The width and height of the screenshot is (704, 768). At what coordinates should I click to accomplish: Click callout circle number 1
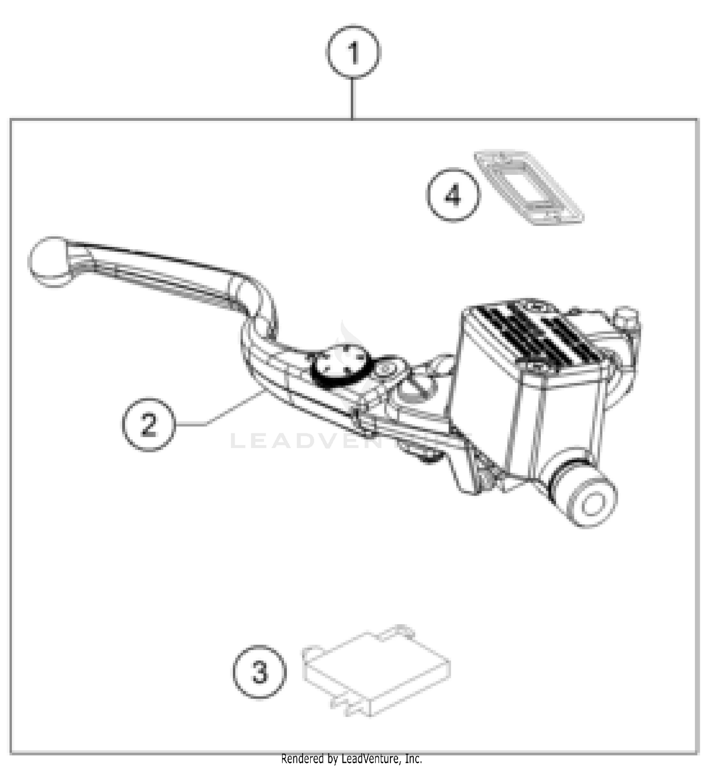353,52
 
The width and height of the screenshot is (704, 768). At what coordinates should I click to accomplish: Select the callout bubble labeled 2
148,424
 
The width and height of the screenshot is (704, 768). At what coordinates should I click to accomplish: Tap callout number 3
259,671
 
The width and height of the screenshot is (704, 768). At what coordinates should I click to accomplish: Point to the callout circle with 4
453,195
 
